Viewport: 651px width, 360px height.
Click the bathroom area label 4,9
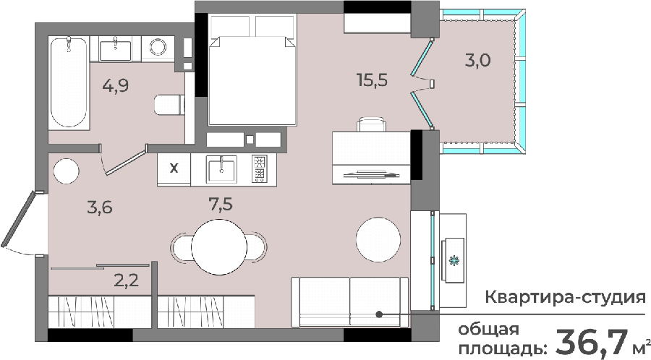(116, 85)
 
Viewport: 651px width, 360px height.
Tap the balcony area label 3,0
(477, 61)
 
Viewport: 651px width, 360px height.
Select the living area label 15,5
(372, 80)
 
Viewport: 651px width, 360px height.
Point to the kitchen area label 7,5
(220, 204)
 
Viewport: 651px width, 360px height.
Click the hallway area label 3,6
(100, 207)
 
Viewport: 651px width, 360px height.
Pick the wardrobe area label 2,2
(126, 281)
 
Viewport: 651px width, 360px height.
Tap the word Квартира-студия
(566, 297)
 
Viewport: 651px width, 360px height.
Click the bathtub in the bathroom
(69, 83)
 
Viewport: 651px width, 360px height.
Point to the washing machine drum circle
(158, 47)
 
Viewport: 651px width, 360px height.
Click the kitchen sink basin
(221, 170)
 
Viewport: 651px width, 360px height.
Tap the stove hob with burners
(260, 169)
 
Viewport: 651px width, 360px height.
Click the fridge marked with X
(174, 169)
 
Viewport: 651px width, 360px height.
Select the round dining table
(219, 247)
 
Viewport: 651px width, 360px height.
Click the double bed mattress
(252, 80)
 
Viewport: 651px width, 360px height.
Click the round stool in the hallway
(66, 171)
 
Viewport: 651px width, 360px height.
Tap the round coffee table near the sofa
(378, 239)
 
